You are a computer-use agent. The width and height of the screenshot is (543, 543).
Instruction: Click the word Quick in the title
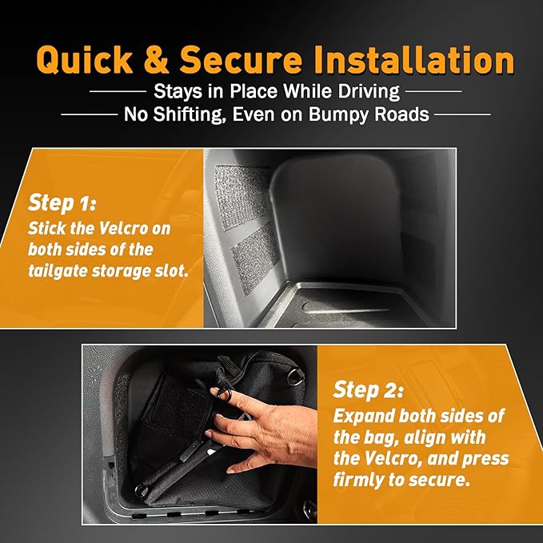85,60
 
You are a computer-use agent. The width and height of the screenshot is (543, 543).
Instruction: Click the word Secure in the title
242,60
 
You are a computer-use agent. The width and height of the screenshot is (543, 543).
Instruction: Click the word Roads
401,114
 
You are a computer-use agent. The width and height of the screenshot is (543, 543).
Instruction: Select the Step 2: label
368,389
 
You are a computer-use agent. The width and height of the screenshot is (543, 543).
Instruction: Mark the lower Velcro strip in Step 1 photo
256,258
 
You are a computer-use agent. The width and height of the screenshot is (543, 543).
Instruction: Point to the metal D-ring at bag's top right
295,377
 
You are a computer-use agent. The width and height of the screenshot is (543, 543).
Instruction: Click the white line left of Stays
118,92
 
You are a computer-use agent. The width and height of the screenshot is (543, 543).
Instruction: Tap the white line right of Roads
463,114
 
